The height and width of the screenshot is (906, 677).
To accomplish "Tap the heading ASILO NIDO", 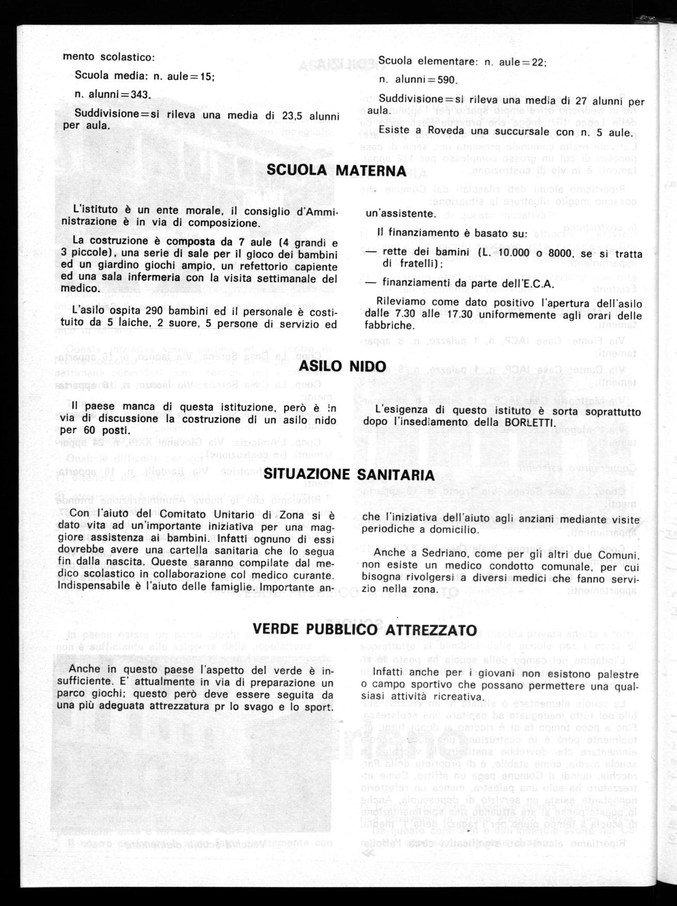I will pos(343,366).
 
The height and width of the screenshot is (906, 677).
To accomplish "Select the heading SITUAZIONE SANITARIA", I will pos(349,474).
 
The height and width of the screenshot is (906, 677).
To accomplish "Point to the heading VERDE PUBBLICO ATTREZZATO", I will pos(364,629).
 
